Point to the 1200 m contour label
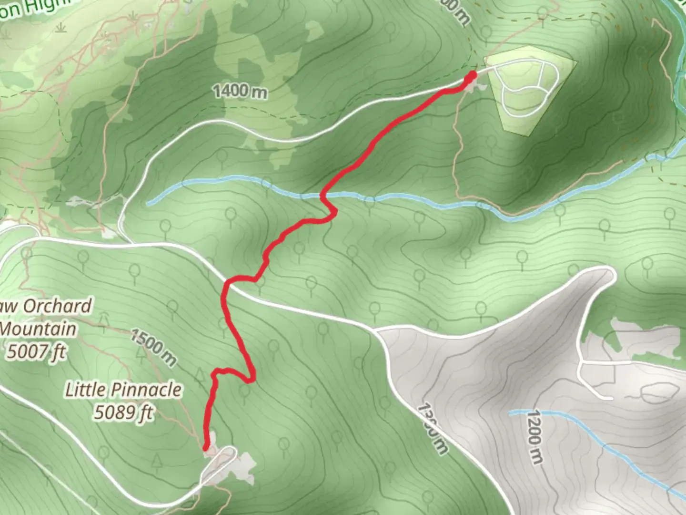[535, 437]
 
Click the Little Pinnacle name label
[123, 390]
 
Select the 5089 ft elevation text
[123, 412]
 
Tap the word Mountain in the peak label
[38, 329]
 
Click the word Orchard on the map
[57, 306]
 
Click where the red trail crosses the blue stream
[323, 196]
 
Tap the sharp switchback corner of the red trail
[252, 380]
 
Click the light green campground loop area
[529, 91]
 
